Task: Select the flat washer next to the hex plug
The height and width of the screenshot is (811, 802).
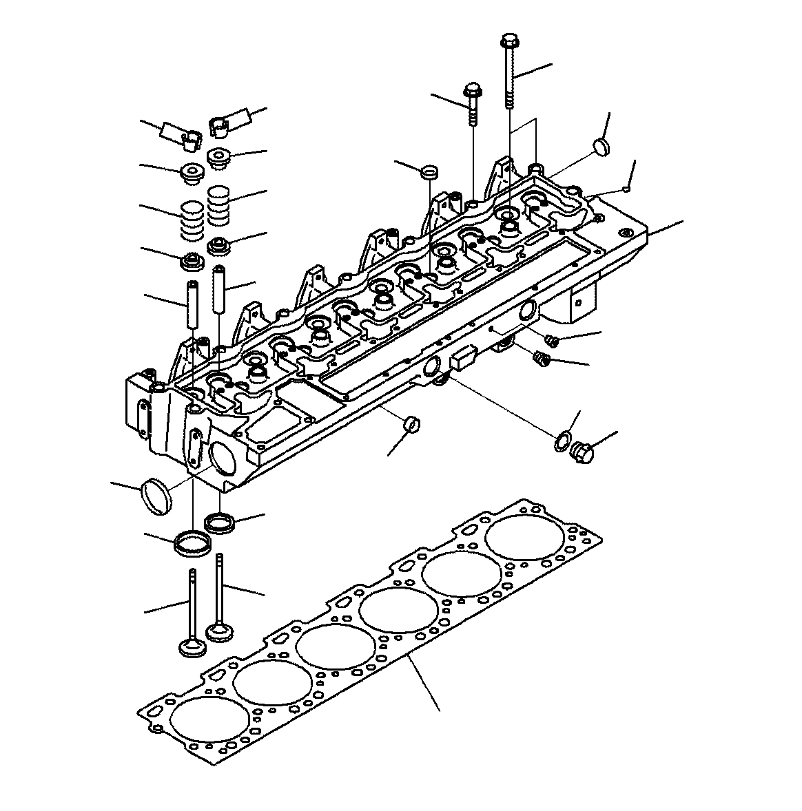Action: click(562, 441)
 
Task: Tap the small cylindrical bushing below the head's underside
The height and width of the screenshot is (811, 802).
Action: click(412, 423)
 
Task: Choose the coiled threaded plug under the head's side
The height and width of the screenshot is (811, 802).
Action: click(542, 359)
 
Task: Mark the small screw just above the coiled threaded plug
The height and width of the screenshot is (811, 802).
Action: click(551, 339)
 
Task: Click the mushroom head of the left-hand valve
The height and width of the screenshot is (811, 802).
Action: click(190, 648)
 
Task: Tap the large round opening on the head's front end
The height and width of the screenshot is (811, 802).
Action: click(225, 460)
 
